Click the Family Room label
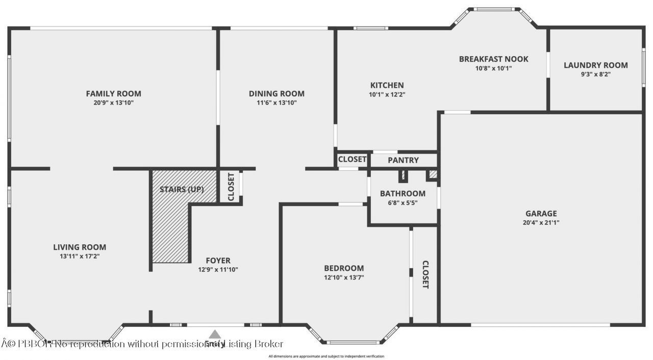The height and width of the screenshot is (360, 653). point(113,93)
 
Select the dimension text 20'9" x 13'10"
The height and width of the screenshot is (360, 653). point(113,102)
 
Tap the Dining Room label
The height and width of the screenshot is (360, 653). point(277,93)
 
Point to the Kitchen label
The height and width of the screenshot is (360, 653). point(387,85)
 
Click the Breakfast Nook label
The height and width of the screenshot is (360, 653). point(493,59)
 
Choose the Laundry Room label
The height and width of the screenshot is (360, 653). point(595,65)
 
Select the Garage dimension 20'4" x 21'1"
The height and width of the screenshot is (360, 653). point(541,222)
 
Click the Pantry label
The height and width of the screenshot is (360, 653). point(403,160)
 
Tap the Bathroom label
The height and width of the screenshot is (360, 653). point(403,193)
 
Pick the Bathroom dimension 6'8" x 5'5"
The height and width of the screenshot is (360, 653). point(403,202)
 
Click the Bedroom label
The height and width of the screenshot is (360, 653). point(344,268)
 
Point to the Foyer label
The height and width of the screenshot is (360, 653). point(218,261)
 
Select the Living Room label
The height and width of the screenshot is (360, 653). point(80,247)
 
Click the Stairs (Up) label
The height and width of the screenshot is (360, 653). point(182,190)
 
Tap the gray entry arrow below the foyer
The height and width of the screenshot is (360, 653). point(215,335)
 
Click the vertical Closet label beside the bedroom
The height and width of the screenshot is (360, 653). point(425,275)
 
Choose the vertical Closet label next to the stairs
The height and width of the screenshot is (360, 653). point(231,187)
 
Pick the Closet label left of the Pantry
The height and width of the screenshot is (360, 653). point(352,159)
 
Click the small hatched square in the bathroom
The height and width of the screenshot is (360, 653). point(433,174)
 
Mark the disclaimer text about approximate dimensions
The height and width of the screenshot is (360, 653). point(326,356)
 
